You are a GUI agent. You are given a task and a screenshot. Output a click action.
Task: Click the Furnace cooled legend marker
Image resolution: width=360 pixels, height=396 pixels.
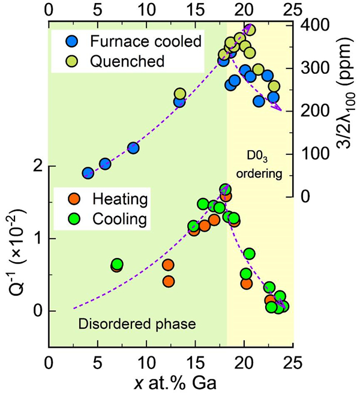[x=71, y=42]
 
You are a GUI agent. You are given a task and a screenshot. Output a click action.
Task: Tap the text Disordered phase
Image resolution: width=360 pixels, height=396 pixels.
[x=137, y=325]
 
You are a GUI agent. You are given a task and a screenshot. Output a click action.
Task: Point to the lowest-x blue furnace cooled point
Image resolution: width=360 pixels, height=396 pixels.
[x=88, y=173]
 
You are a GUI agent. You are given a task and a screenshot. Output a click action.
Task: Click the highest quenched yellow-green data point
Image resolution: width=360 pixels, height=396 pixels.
[x=250, y=30]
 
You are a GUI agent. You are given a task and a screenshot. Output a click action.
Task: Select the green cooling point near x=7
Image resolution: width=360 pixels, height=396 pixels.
[x=118, y=264]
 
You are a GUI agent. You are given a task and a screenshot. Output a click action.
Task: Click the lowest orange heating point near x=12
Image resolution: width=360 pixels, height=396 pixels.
[x=169, y=281]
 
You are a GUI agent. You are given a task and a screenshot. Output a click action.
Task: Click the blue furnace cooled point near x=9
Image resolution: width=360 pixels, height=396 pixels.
[x=133, y=148]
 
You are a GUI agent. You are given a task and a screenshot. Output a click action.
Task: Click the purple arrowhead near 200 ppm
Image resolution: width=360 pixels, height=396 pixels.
[x=278, y=108]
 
